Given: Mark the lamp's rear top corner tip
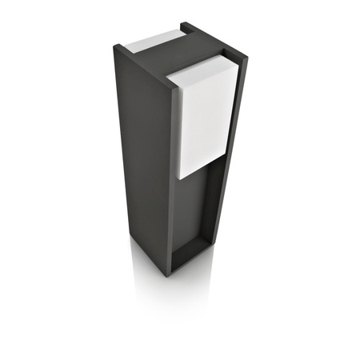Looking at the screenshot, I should point(182,23).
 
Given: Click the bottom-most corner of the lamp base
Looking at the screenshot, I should point(169,276).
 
